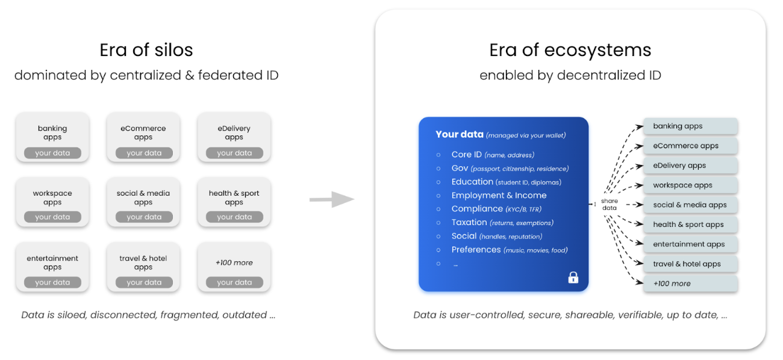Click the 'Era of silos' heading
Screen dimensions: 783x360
146,49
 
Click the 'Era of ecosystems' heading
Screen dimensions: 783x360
570,49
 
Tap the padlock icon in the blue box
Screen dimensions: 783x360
573,277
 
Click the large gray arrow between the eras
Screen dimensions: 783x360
332,199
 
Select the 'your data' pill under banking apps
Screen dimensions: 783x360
52,153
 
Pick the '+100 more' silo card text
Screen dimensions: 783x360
234,262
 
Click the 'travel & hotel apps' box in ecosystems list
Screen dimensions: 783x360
690,264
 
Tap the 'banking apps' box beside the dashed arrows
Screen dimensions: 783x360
690,126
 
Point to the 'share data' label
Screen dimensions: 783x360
610,205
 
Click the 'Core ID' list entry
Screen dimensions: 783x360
467,155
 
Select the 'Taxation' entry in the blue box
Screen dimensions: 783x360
469,222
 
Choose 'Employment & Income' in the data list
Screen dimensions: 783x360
499,195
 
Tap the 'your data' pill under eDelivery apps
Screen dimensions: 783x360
234,153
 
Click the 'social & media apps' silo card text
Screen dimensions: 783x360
143,197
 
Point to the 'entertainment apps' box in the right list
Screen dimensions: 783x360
690,244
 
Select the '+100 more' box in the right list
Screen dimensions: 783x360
690,284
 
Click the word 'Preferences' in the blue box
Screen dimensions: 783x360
476,249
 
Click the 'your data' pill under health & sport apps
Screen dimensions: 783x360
234,217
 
